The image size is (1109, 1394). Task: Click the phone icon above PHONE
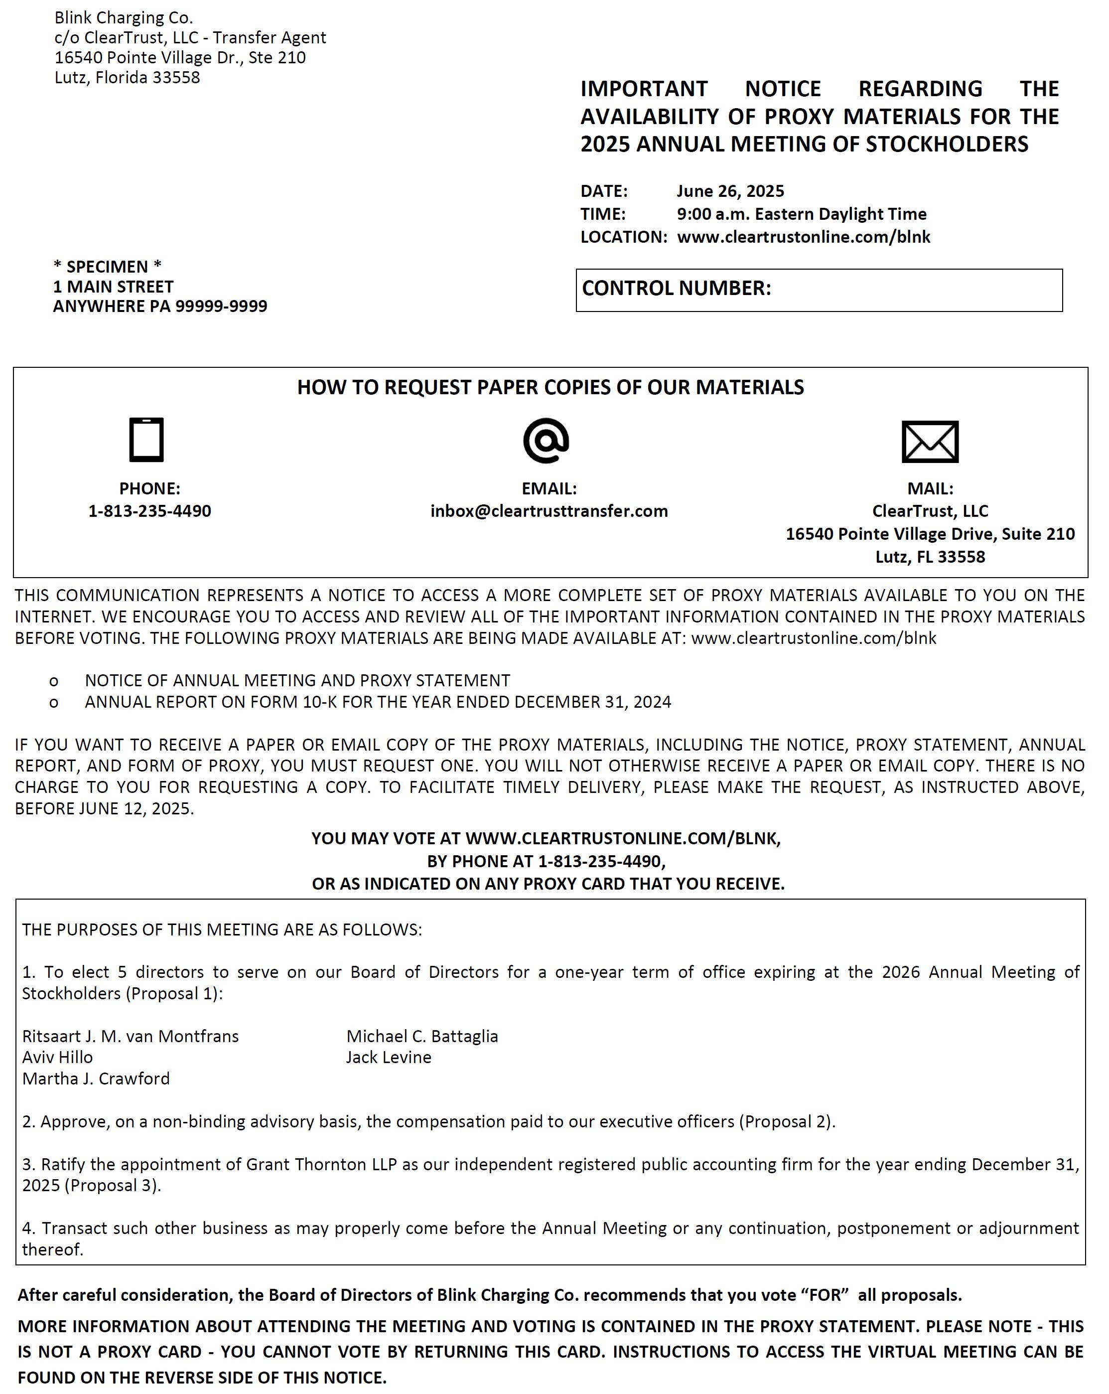pos(146,440)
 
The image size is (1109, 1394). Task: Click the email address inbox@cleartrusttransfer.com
pos(549,511)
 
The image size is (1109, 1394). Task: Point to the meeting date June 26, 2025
pos(730,191)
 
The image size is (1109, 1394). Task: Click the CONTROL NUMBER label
pos(676,289)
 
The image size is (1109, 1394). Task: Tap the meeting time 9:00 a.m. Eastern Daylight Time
pos(802,214)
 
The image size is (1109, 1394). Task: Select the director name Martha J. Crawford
pos(96,1079)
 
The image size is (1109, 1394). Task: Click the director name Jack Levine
pos(389,1057)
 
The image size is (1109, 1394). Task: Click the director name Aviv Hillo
pos(57,1057)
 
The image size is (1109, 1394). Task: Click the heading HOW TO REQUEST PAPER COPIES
pos(550,387)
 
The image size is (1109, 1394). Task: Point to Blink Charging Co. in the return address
pos(124,17)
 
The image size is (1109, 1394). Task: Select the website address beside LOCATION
pos(803,237)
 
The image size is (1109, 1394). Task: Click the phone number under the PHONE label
pos(149,511)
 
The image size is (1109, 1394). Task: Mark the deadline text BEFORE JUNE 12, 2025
pos(104,808)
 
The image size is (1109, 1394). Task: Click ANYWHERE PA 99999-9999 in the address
pos(159,306)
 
